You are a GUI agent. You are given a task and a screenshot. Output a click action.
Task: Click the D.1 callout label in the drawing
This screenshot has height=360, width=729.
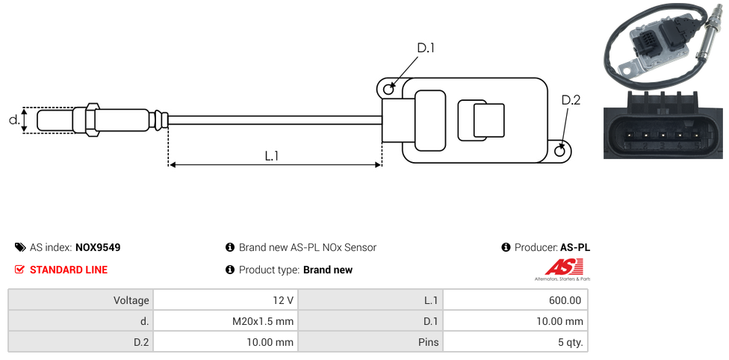tap(425, 49)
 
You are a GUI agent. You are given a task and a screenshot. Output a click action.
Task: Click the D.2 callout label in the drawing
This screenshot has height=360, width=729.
tap(570, 101)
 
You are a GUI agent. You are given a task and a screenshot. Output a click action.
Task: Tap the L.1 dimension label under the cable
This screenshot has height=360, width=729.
tap(272, 156)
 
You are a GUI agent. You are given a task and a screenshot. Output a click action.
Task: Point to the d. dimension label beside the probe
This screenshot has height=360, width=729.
tap(13, 120)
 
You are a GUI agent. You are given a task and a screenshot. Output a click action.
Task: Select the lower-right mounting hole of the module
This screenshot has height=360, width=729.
tap(561, 152)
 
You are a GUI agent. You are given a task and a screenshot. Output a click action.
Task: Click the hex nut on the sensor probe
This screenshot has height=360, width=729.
tap(92, 120)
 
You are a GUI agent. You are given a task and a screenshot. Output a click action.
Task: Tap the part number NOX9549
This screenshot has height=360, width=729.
tap(98, 247)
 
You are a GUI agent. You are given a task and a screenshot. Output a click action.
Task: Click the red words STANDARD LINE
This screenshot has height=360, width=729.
tap(69, 270)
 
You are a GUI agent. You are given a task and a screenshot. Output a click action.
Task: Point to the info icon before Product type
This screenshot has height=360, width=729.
tap(230, 270)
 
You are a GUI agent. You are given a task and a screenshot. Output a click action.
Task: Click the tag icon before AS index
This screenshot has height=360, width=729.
tap(20, 247)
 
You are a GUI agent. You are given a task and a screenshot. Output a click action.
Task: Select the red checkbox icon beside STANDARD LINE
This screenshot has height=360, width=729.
tap(20, 270)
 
